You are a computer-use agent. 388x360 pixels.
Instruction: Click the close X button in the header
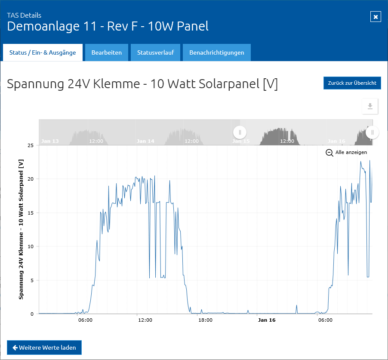tap(376, 17)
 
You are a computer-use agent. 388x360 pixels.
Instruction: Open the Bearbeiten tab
tap(107, 52)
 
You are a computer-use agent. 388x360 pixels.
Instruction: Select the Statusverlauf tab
tap(155, 52)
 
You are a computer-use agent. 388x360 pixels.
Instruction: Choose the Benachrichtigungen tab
tap(217, 52)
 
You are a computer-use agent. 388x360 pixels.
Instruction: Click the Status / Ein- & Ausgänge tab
tap(43, 52)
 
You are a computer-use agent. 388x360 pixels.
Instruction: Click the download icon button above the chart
tap(370, 106)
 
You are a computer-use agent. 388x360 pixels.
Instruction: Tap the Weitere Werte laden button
tap(44, 348)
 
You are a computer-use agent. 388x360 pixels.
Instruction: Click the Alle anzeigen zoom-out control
tap(346, 152)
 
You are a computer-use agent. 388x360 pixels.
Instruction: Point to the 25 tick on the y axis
tap(31, 145)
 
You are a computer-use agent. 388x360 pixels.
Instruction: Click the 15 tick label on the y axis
tap(31, 213)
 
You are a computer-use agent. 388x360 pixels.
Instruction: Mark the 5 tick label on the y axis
tap(32, 280)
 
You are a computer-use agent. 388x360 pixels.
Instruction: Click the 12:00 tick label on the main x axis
tap(145, 320)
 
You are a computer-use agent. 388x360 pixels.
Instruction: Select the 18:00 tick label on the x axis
tap(205, 320)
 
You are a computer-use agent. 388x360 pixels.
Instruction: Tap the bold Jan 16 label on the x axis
tap(267, 320)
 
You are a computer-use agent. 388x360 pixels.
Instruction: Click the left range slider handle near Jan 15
tap(240, 132)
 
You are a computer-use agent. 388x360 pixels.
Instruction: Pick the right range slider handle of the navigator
tap(373, 132)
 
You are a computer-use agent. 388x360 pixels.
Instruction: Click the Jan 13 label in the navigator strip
tap(50, 141)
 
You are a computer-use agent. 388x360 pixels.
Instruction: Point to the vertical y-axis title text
tap(21, 229)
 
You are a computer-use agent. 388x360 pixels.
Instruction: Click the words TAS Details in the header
tap(24, 15)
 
